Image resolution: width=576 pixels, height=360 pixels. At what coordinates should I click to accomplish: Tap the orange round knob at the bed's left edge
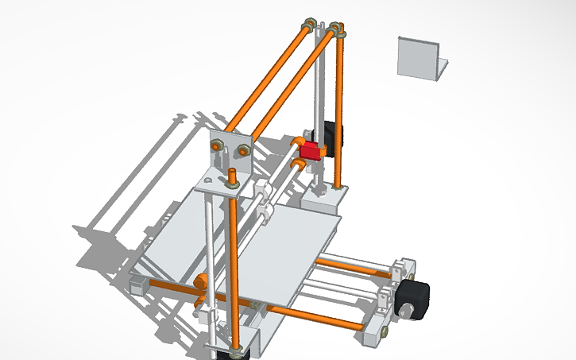(x=201, y=280)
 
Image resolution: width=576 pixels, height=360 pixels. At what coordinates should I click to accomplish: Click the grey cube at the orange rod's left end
(x=135, y=285)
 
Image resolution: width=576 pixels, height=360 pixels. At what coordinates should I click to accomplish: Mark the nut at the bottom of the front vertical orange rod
(x=235, y=346)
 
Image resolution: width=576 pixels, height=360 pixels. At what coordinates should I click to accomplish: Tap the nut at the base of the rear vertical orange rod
(x=341, y=188)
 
